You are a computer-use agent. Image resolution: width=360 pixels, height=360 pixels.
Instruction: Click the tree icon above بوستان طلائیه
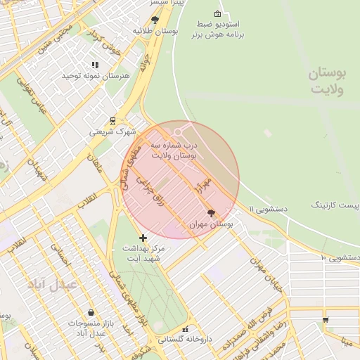155,20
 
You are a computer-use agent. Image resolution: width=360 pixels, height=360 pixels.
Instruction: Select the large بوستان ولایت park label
329,82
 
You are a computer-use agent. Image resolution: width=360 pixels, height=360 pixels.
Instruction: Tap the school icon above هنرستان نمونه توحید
95,65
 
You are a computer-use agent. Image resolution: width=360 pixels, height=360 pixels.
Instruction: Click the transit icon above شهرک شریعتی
113,120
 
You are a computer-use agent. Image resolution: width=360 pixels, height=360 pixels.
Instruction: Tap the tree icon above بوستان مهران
211,212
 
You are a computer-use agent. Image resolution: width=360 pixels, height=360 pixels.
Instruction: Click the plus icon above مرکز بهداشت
143,238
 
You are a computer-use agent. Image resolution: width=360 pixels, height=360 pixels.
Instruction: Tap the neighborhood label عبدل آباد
51,285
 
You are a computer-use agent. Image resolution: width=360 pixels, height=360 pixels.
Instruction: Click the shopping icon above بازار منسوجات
91,312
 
